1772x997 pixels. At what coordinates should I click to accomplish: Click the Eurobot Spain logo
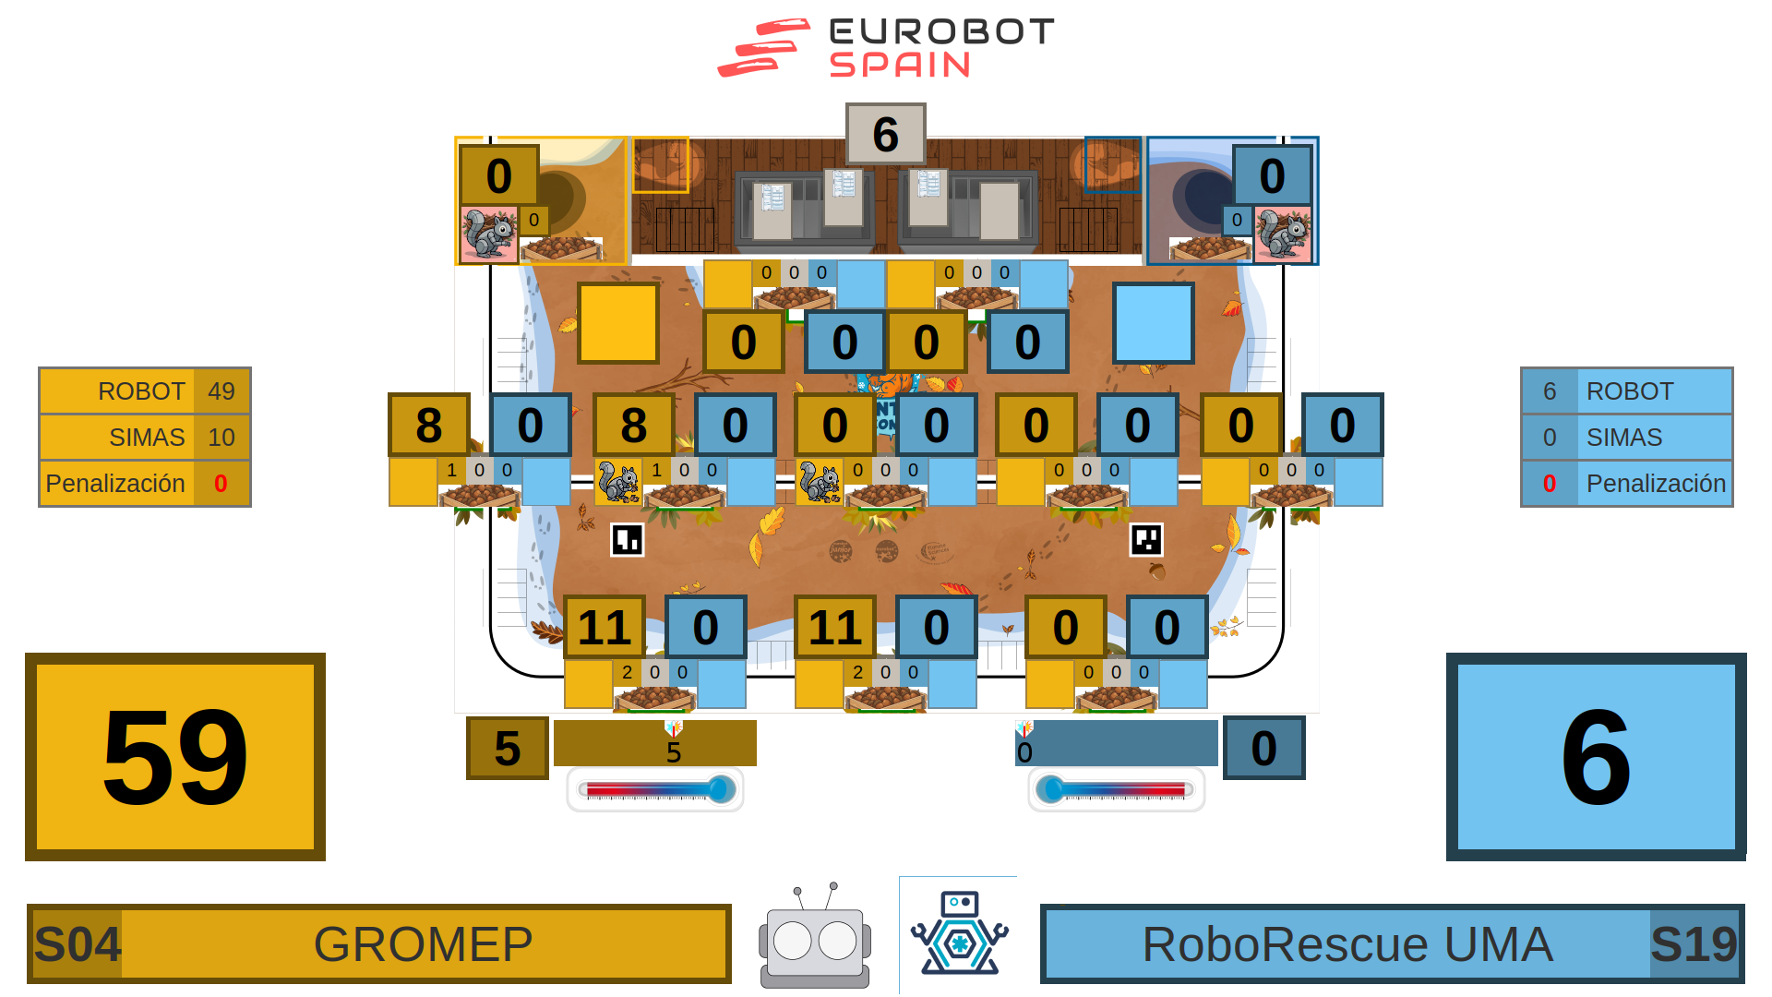(x=886, y=48)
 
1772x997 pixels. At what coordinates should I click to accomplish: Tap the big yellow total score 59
(x=175, y=757)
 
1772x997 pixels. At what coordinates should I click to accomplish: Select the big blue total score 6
(x=1596, y=757)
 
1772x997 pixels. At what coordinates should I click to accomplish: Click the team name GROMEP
(x=423, y=944)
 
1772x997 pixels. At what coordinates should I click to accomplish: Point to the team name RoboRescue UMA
(x=1347, y=944)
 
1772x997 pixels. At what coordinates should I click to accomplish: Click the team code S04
(x=78, y=944)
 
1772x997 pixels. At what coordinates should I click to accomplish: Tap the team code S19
(x=1694, y=944)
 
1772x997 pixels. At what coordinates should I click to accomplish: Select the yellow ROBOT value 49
(x=221, y=391)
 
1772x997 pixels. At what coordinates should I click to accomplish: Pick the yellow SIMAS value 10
(x=221, y=438)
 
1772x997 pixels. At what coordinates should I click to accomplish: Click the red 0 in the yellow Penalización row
(x=221, y=484)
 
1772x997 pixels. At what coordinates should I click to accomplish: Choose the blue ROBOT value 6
(x=1550, y=391)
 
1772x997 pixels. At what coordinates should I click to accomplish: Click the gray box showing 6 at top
(x=885, y=134)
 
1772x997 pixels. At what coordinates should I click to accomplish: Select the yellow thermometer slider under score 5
(x=655, y=789)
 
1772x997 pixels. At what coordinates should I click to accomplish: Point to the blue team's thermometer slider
(x=1116, y=789)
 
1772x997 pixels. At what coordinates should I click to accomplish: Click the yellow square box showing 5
(x=507, y=748)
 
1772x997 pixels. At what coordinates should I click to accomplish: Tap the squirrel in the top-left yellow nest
(x=489, y=234)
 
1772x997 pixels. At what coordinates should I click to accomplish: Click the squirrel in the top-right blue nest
(x=1283, y=234)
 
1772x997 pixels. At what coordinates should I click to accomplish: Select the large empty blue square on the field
(x=1153, y=323)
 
